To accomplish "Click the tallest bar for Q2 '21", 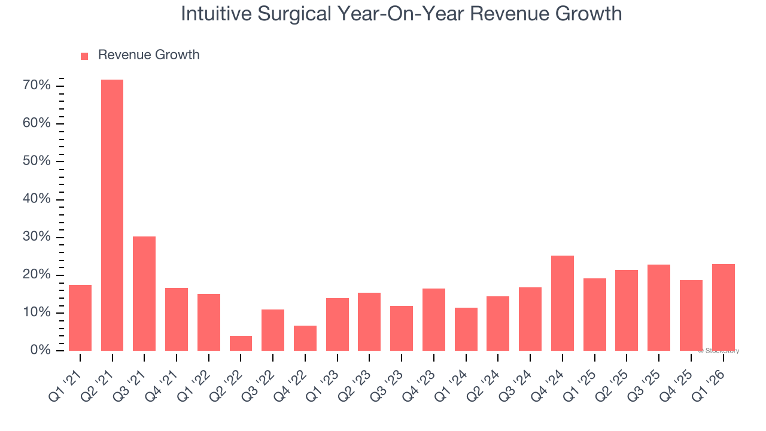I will (112, 215).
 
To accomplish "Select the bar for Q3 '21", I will (144, 293).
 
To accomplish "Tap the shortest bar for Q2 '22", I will (241, 343).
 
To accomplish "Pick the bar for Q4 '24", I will (562, 303).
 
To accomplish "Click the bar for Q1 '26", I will (723, 307).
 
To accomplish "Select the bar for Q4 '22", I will (305, 338).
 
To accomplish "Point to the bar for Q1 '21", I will (80, 318).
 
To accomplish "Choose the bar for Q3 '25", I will (659, 308).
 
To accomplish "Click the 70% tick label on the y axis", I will (37, 86).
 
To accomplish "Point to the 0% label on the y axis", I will (39, 350).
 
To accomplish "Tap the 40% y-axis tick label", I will (37, 199).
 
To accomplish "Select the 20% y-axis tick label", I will (37, 275).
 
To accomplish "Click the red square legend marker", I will (84, 56).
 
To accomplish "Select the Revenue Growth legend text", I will (148, 55).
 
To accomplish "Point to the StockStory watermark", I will (718, 351).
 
